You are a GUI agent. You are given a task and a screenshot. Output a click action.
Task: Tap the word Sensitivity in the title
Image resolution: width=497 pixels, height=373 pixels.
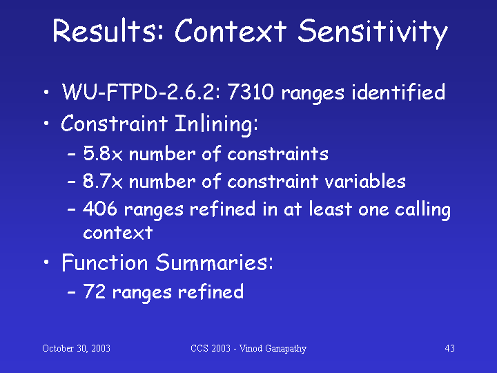[x=373, y=33]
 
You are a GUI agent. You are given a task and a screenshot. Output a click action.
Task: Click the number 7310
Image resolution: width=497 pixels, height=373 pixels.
[x=251, y=92]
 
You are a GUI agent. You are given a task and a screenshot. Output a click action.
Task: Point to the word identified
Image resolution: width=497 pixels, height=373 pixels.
[x=398, y=92]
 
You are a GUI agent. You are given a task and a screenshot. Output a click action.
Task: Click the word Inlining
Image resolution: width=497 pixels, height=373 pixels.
[x=217, y=124]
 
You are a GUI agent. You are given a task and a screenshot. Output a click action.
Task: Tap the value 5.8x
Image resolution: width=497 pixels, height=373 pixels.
[x=103, y=154]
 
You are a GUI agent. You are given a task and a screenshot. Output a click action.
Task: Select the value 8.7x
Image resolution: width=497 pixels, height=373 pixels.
[x=103, y=182]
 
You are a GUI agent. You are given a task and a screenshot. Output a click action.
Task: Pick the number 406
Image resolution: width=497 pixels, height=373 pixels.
[x=100, y=209]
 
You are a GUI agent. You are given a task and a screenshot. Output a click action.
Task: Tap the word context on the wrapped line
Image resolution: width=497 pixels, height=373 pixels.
[x=118, y=233]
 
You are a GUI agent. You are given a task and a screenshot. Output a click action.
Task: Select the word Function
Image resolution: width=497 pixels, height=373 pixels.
[x=105, y=262]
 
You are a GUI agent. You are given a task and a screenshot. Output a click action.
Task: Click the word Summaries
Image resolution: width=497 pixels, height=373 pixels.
[x=214, y=262]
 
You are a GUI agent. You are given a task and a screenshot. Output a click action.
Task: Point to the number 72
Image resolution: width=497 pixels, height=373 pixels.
[x=94, y=291]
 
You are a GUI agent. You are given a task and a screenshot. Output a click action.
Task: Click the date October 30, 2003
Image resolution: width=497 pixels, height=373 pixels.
[x=76, y=348]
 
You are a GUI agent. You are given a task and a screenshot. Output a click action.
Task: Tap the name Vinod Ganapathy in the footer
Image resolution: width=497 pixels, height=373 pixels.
[x=273, y=349]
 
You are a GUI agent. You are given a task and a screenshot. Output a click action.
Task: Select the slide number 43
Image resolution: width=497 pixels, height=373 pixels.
[x=450, y=348]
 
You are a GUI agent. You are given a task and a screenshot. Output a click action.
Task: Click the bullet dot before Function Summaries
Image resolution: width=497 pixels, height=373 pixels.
[x=47, y=262]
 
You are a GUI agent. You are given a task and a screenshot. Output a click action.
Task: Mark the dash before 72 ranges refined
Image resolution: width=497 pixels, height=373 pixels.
[x=72, y=292]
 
